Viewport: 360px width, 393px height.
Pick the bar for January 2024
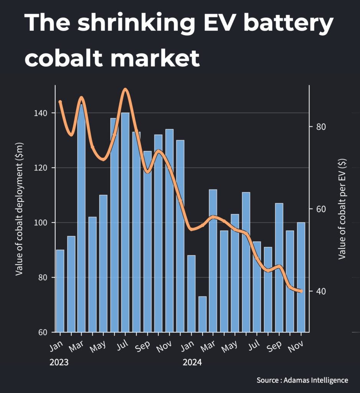pos(191,294)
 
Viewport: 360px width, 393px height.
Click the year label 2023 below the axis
pos(59,362)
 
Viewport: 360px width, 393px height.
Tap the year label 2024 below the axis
pos(192,362)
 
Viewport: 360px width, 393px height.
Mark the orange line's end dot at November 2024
pos(301,291)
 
